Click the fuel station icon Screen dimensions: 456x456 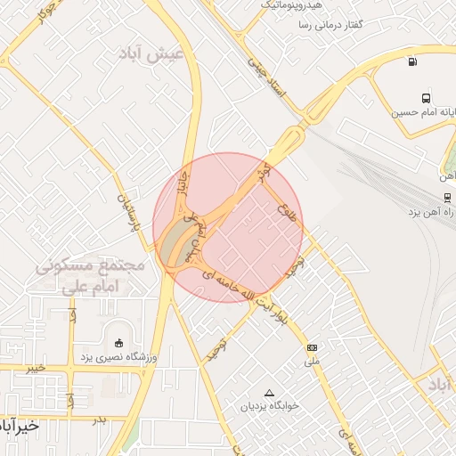(411, 61)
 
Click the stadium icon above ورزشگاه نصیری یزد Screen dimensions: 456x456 (119, 344)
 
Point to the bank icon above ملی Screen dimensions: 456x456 (312, 347)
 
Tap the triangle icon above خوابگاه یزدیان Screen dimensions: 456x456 (270, 393)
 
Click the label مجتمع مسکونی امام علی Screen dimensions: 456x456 (92, 276)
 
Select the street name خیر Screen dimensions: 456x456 (35, 367)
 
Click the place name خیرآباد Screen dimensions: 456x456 (20, 425)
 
